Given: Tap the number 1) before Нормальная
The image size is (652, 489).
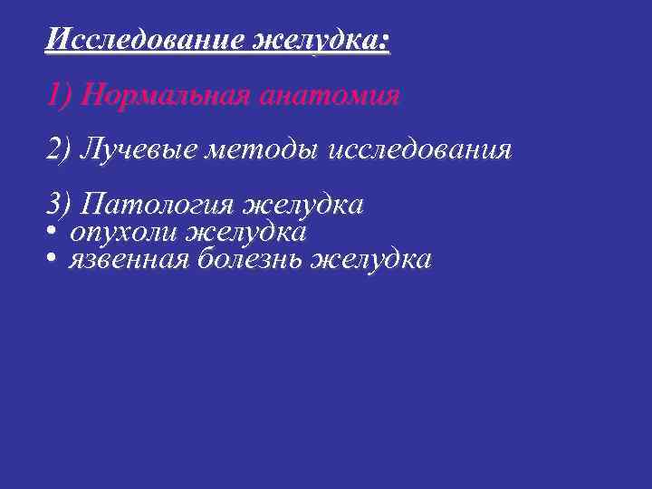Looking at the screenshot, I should click(59, 95).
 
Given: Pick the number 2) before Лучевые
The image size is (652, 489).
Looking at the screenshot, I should click(59, 149).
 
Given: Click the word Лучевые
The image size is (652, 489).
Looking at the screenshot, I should click(133, 149).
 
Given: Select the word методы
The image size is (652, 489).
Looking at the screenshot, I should click(244, 149).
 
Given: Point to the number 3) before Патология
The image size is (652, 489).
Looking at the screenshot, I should click(59, 204).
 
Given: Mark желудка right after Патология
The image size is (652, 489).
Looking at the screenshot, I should click(302, 204).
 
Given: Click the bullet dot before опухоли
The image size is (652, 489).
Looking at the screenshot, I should click(52, 233).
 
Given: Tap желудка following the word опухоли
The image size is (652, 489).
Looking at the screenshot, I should click(245, 233).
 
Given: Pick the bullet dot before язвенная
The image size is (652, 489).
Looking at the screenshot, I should click(52, 261).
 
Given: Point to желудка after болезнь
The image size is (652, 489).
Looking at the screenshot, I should click(370, 261).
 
